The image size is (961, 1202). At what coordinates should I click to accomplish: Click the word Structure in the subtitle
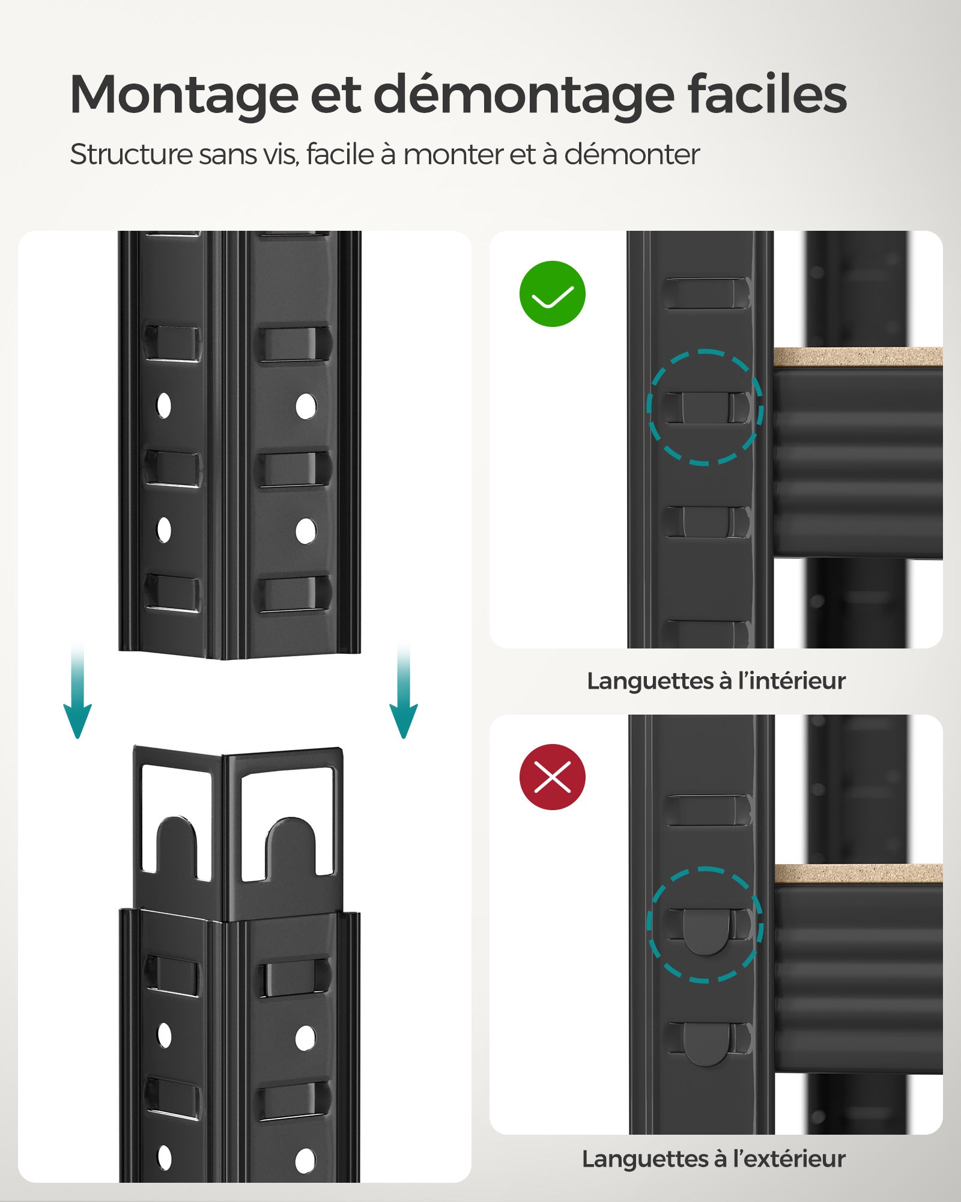130,154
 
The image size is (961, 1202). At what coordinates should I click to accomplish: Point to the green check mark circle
552,294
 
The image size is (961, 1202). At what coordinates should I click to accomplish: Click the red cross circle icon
552,777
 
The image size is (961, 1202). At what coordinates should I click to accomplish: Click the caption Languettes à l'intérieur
716,681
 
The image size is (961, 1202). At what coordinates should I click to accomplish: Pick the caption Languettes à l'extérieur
714,1159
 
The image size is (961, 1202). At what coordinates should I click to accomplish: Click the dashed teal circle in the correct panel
705,407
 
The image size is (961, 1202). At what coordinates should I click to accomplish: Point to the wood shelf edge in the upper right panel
857,356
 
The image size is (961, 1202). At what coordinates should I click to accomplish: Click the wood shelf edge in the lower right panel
857,874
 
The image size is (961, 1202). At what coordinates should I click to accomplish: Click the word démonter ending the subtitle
632,154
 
